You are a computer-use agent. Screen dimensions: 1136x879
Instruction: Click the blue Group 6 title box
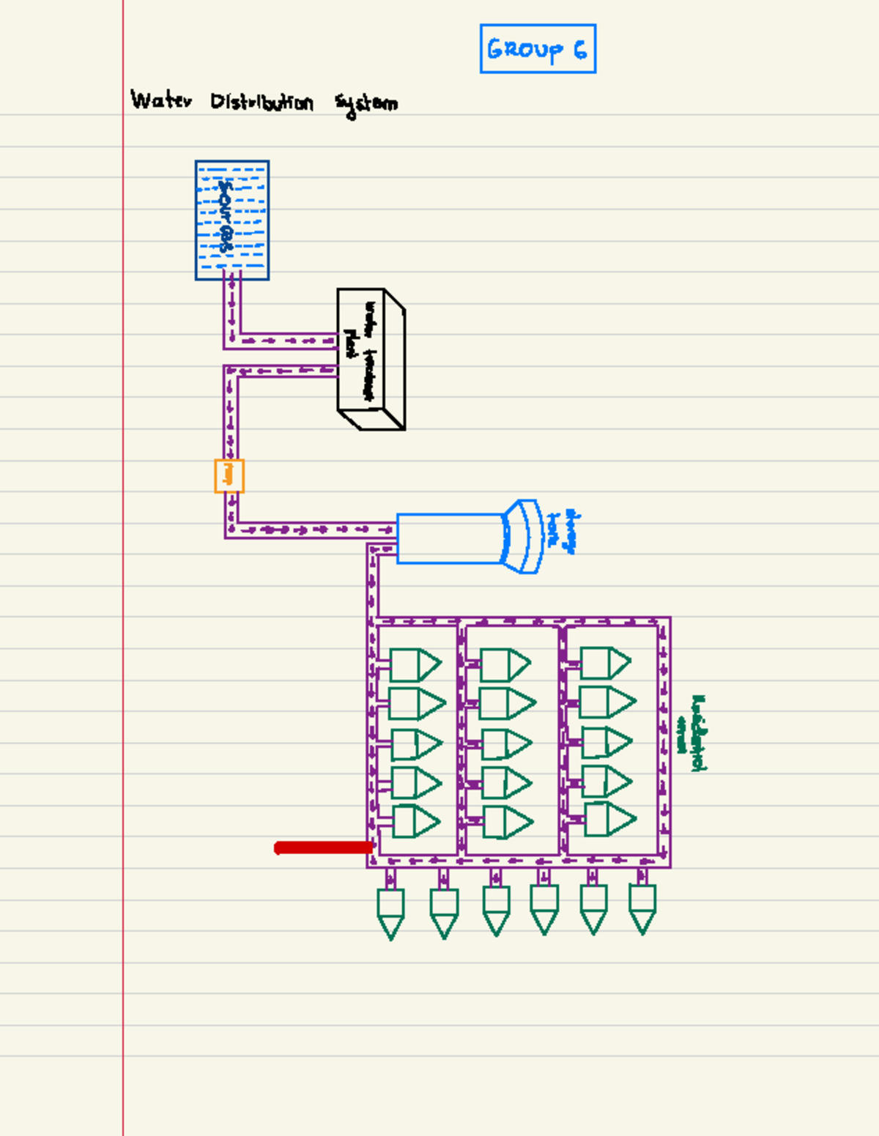[x=538, y=48]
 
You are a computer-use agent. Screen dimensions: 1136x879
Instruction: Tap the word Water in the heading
[x=161, y=100]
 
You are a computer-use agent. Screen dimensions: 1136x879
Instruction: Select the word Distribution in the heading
[x=262, y=102]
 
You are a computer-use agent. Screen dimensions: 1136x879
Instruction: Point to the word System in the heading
[x=366, y=104]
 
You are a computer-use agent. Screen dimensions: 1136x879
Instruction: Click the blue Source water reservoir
[x=232, y=220]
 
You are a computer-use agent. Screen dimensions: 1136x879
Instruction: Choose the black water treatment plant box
[x=371, y=359]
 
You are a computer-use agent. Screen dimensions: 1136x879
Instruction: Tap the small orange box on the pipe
[x=229, y=476]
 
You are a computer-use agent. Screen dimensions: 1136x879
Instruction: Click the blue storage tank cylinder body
[x=449, y=538]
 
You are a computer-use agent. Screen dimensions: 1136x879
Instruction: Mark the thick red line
[x=324, y=847]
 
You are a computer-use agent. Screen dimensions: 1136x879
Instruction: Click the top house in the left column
[x=414, y=665]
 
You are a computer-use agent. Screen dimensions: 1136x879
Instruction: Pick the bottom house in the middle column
[x=506, y=822]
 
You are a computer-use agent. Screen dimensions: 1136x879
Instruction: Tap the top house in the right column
[x=604, y=663]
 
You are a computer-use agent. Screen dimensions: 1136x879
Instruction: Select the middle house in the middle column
[x=505, y=744]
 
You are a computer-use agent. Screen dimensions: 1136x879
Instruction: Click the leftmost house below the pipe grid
[x=390, y=912]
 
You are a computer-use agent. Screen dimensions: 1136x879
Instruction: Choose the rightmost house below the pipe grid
[x=642, y=908]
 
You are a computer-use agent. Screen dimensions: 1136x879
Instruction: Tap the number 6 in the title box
[x=580, y=49]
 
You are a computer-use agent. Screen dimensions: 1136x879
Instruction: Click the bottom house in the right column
[x=609, y=819]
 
